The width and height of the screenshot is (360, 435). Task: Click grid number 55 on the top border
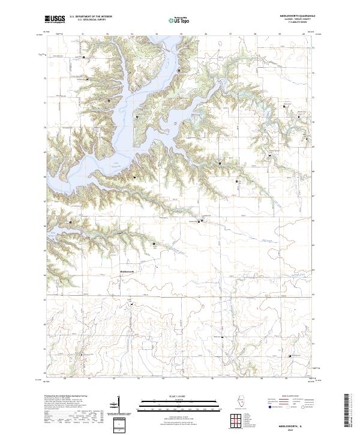point(181,34)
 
